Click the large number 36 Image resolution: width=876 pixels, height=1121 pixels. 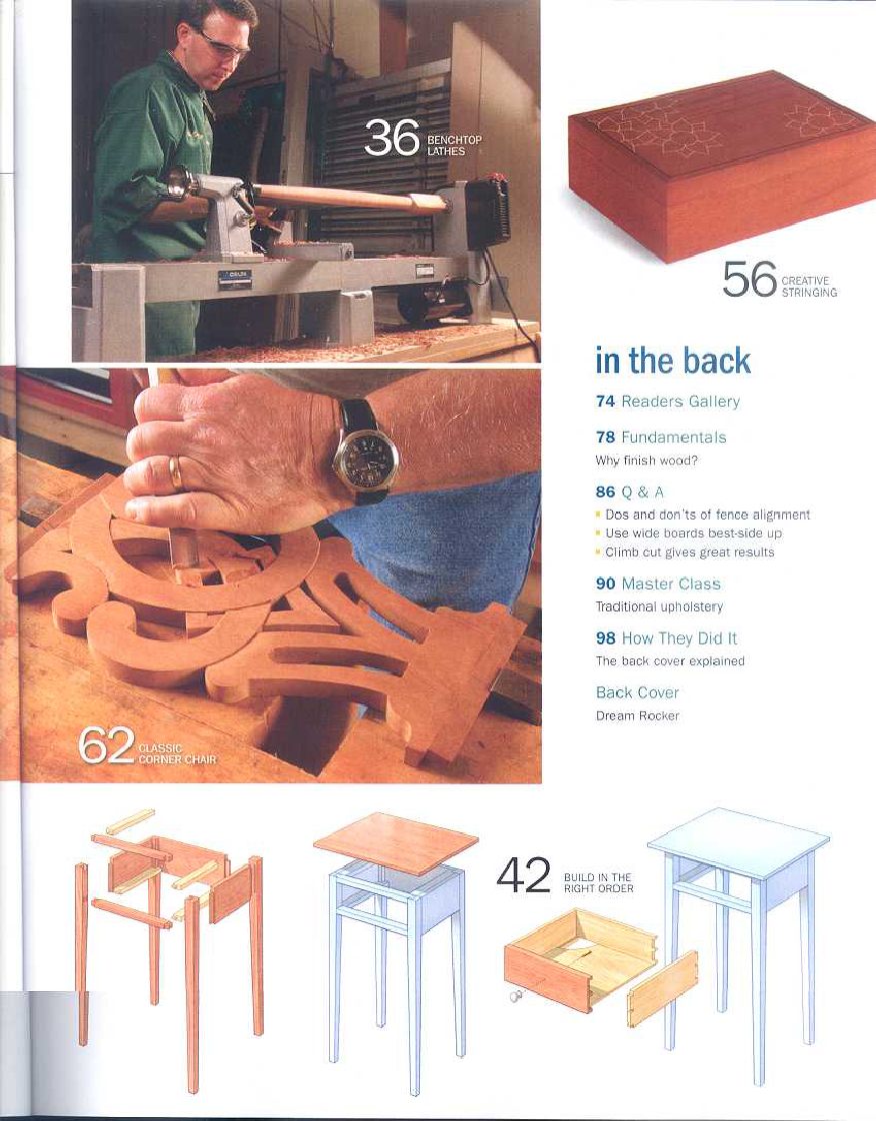click(x=391, y=139)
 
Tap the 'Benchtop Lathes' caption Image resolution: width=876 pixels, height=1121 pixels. click(x=453, y=145)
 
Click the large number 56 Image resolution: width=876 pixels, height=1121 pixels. click(x=749, y=280)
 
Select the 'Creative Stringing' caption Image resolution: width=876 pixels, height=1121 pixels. click(x=809, y=287)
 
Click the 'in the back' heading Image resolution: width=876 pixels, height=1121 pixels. click(x=673, y=361)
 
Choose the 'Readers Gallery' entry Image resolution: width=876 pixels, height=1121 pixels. click(x=668, y=402)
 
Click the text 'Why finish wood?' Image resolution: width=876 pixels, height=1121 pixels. click(x=646, y=462)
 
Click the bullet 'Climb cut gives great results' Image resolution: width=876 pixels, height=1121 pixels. click(x=689, y=552)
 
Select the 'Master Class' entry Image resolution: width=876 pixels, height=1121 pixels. click(x=658, y=583)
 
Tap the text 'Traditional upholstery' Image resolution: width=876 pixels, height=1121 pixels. click(x=659, y=606)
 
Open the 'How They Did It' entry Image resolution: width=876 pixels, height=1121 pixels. click(x=666, y=638)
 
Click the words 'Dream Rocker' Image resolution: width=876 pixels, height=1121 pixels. click(x=637, y=715)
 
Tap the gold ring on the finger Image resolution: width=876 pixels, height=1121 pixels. click(x=176, y=472)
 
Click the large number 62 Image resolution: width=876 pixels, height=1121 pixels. click(x=105, y=746)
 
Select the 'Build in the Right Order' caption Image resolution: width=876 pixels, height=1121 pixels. click(x=598, y=882)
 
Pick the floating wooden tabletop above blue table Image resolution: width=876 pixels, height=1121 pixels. click(x=395, y=841)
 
